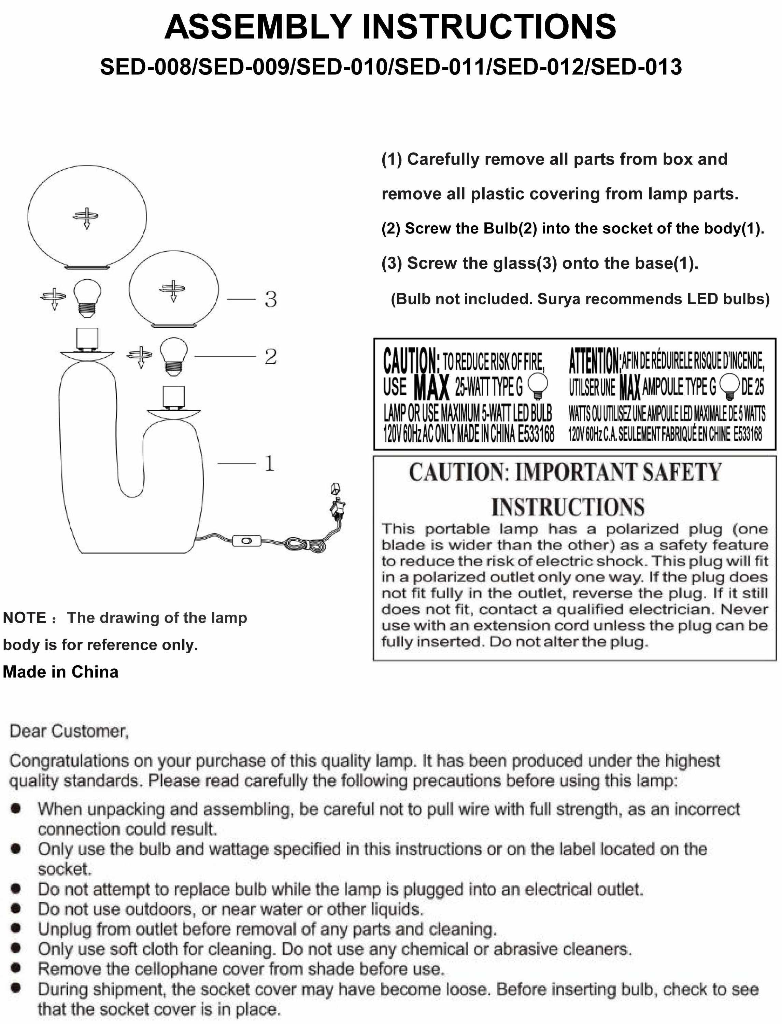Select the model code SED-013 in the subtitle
pyautogui.click(x=636, y=67)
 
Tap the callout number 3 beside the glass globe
pyautogui.click(x=270, y=299)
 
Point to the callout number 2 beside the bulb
pyautogui.click(x=270, y=357)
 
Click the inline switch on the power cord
pyautogui.click(x=246, y=541)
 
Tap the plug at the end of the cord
pyautogui.click(x=338, y=507)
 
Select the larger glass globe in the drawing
pyautogui.click(x=87, y=217)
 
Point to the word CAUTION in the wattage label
pyautogui.click(x=411, y=361)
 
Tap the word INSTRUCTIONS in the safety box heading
pyautogui.click(x=568, y=507)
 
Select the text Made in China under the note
pyautogui.click(x=60, y=672)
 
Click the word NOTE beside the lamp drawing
pyautogui.click(x=24, y=618)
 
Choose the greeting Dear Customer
pyautogui.click(x=69, y=731)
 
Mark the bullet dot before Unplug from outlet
pyautogui.click(x=16, y=928)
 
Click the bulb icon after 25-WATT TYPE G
pyautogui.click(x=538, y=386)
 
